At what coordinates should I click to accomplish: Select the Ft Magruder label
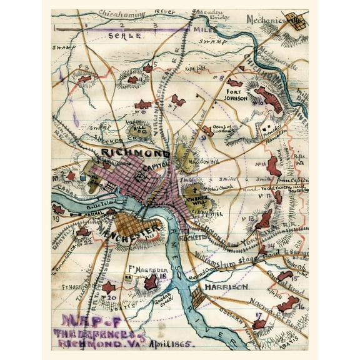(x=140, y=269)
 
